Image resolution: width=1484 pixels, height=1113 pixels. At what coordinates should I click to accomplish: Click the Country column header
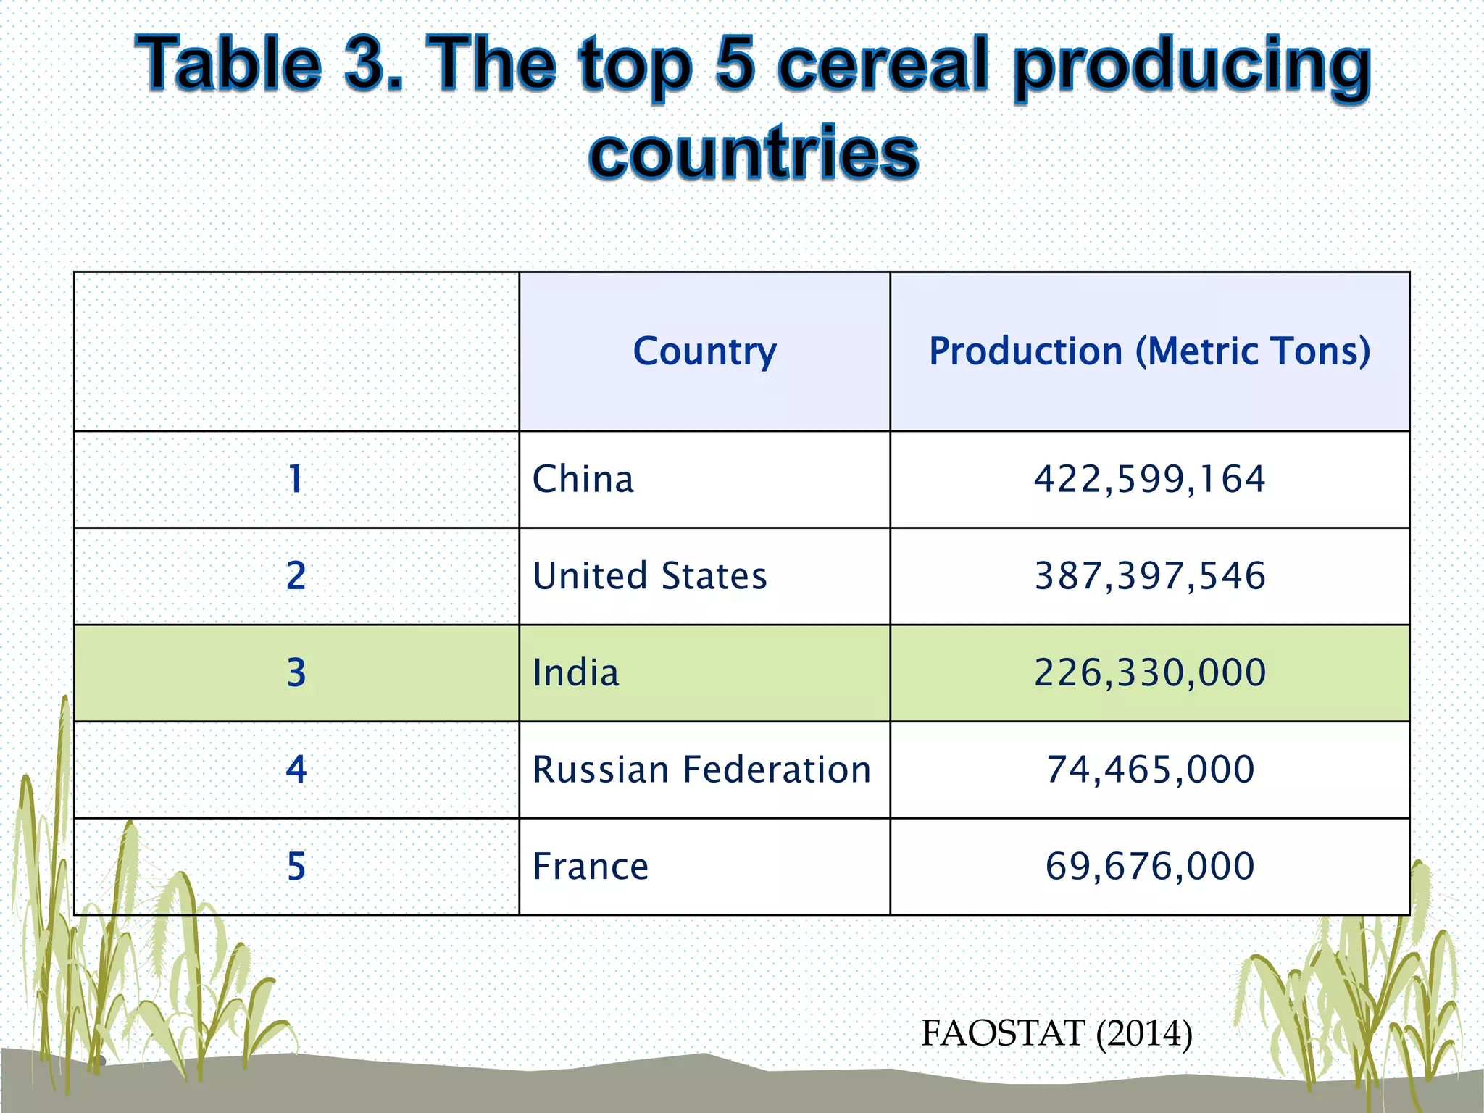[x=704, y=351]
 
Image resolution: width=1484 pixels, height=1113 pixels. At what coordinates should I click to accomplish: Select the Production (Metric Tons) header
[x=1149, y=351]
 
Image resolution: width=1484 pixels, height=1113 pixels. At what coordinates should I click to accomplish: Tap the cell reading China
[x=583, y=480]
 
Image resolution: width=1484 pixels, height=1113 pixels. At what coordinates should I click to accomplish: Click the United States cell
[x=649, y=577]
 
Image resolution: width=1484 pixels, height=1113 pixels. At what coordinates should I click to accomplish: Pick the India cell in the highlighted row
[x=576, y=673]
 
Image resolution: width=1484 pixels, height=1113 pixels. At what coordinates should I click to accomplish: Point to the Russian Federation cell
[x=701, y=770]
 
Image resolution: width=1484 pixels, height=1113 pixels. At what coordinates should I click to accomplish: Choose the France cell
[x=591, y=867]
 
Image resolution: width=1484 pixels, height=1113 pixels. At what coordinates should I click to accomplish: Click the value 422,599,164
[x=1149, y=480]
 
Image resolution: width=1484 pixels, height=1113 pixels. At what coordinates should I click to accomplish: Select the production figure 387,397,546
[x=1149, y=577]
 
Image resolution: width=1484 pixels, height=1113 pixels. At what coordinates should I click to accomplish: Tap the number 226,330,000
[x=1149, y=673]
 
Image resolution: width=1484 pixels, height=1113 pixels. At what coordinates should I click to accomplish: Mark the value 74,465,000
[x=1149, y=770]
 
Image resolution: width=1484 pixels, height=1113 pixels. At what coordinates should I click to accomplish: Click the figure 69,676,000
[x=1149, y=867]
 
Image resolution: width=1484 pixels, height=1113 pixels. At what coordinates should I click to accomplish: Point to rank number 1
[x=296, y=480]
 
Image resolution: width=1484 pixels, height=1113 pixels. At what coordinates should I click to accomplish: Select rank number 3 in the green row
[x=296, y=673]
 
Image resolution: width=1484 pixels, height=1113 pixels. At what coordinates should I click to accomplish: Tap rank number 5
[x=296, y=867]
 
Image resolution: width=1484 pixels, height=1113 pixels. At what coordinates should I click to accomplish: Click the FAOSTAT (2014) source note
[x=1056, y=1033]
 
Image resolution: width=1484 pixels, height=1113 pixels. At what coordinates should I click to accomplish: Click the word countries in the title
[x=754, y=153]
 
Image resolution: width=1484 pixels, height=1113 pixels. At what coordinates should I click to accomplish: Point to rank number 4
[x=296, y=770]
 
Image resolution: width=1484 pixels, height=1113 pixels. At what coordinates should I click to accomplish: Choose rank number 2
[x=296, y=577]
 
